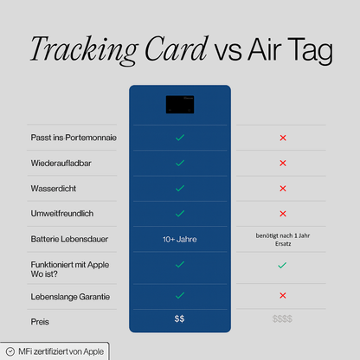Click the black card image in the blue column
tap(179, 104)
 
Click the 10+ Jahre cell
tap(179, 238)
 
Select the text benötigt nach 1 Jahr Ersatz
tap(283, 239)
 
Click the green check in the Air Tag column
tap(283, 266)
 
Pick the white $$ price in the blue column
tap(179, 318)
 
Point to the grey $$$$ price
tap(283, 318)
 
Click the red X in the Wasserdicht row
tap(283, 188)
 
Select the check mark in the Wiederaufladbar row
tap(179, 163)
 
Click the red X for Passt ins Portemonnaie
tap(283, 138)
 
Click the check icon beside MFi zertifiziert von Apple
tap(10, 351)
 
